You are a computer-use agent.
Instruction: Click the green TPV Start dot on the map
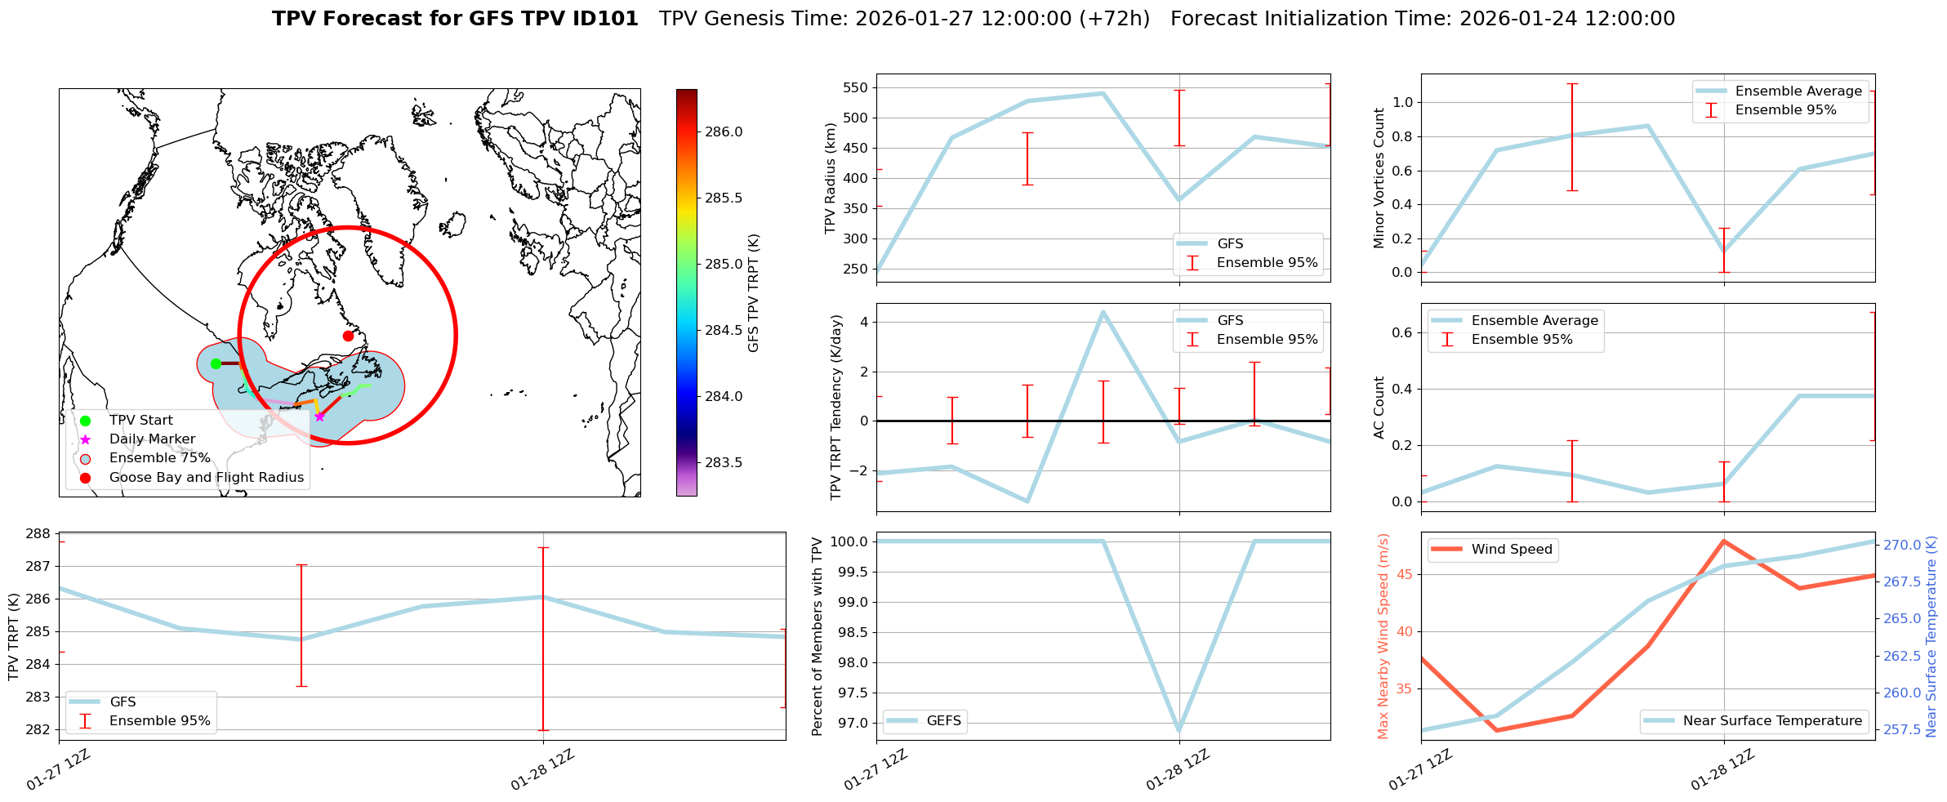coord(216,363)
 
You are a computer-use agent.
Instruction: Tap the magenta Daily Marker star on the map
coord(319,417)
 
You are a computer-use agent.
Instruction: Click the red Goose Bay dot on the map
coord(348,336)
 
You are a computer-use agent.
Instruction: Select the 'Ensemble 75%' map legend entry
coord(159,458)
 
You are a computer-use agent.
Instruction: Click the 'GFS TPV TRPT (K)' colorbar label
coord(753,293)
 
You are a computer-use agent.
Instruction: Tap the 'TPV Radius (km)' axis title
coord(831,178)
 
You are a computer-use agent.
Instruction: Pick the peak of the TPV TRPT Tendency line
coord(1103,312)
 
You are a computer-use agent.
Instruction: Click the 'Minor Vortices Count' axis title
coord(1379,178)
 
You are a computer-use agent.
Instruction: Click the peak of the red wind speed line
coord(1723,541)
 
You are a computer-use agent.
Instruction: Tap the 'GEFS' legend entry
coord(943,721)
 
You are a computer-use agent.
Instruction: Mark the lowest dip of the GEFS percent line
coord(1178,731)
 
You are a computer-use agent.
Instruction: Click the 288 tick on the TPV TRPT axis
coord(39,534)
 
